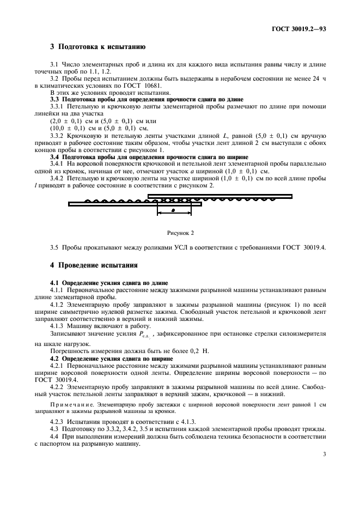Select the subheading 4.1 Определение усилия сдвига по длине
[109, 283]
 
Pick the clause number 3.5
[54, 248]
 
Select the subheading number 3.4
[54, 156]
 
